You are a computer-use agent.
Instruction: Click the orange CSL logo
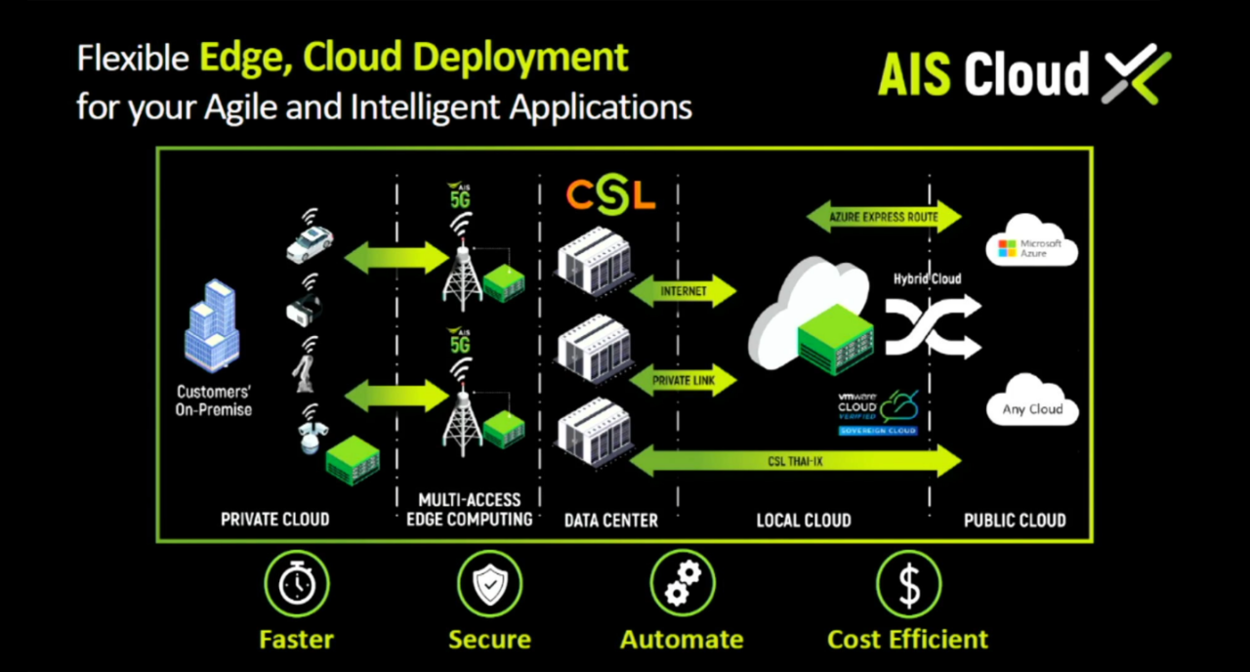point(610,194)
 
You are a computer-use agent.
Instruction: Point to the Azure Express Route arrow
point(884,217)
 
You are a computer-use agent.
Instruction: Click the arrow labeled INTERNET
point(683,291)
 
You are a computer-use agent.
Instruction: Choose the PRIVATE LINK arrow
point(683,380)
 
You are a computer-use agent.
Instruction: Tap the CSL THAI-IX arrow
point(796,461)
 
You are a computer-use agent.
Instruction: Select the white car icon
point(310,246)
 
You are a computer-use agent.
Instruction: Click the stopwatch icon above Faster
point(297,584)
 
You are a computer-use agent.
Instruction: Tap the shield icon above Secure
point(489,584)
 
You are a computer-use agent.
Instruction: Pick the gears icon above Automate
point(683,584)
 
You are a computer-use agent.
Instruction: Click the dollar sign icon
point(908,584)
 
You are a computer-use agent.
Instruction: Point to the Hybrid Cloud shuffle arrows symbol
point(933,325)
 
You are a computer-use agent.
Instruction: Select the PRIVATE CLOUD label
point(274,520)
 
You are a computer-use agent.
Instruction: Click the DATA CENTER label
point(610,521)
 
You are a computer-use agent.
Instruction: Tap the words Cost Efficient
point(907,640)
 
